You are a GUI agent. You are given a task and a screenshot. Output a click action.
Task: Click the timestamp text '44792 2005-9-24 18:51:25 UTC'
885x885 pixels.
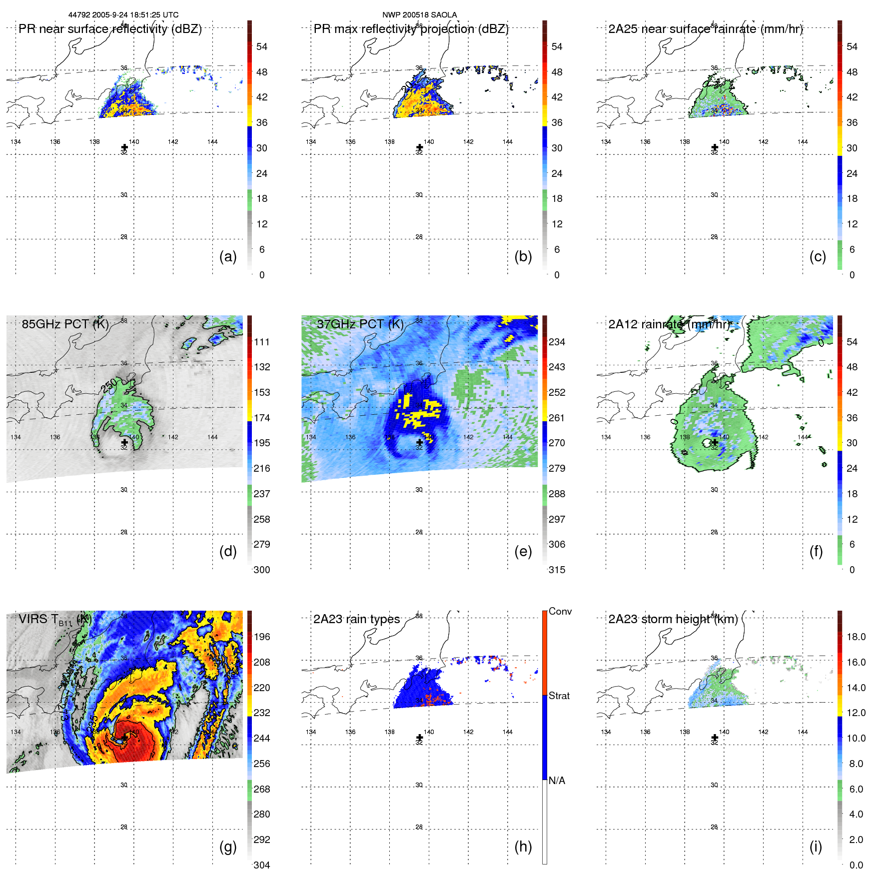[x=123, y=15]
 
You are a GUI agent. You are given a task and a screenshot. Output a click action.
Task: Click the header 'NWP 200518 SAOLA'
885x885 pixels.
[x=419, y=15]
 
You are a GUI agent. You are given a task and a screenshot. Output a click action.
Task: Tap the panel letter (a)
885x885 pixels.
[x=228, y=256]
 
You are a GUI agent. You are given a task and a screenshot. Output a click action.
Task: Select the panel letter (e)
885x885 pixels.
[x=523, y=551]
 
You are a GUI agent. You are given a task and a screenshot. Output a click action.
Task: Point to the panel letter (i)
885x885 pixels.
[x=816, y=847]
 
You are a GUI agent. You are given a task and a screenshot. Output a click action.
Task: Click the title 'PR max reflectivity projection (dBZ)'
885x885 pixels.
[x=411, y=29]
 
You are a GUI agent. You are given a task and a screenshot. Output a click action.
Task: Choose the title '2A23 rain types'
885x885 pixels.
[x=356, y=619]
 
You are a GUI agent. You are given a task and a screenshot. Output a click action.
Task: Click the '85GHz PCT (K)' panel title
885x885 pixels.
[x=65, y=324]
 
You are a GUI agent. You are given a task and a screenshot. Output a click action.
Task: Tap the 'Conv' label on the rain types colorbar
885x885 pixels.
[x=560, y=611]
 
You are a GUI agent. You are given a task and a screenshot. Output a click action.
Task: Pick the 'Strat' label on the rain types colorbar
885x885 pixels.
[x=559, y=696]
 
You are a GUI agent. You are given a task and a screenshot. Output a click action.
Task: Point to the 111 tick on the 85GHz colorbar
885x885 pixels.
[x=262, y=342]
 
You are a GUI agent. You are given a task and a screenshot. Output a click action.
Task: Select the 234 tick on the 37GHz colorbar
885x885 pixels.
[x=557, y=342]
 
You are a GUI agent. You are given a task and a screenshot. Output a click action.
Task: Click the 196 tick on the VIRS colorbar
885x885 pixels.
[x=262, y=637]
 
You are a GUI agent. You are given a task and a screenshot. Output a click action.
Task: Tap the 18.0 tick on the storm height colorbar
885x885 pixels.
[x=856, y=637]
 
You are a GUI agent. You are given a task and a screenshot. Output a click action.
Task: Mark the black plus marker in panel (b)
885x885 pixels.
[x=419, y=147]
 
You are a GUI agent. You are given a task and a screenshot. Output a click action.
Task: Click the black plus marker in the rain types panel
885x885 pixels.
[x=419, y=738]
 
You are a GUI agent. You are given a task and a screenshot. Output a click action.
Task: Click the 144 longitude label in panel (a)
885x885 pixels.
[x=212, y=142]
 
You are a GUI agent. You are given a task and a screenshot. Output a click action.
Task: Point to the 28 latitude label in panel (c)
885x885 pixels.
[x=714, y=237]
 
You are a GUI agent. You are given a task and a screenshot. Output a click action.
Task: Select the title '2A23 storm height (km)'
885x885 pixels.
[x=673, y=619]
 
